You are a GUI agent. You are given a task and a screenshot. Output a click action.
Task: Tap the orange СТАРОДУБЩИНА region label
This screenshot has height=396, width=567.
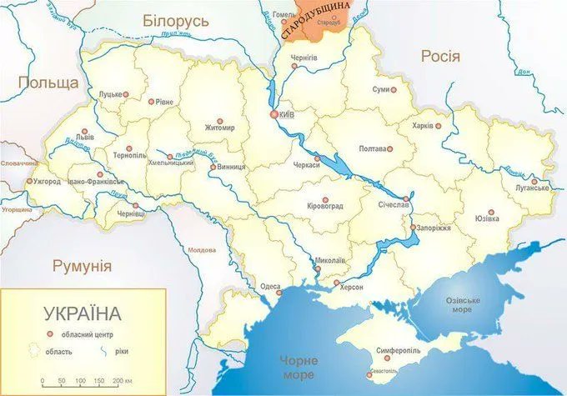pos(309,22)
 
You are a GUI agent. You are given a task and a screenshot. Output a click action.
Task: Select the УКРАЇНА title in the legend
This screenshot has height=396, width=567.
pos(82,314)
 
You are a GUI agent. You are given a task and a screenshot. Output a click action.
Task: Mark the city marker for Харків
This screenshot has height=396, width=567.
pos(438,127)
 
